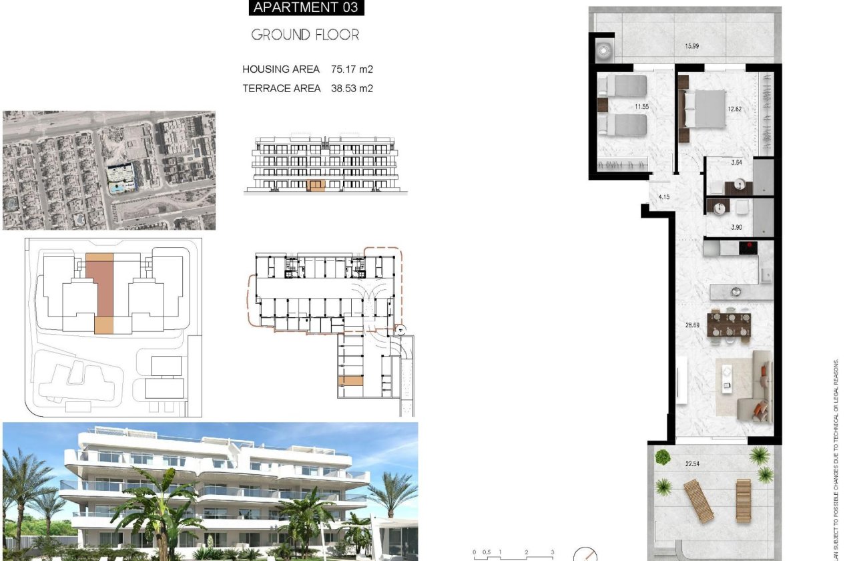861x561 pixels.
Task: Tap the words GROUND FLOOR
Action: [305, 35]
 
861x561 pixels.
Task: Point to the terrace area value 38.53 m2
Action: [352, 87]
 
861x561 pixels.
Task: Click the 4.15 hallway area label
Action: [663, 197]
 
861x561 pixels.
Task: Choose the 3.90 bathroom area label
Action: [737, 228]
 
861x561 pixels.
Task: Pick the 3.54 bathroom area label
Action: [737, 162]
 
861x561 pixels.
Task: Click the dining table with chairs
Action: [730, 325]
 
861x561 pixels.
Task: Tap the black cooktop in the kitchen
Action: [748, 247]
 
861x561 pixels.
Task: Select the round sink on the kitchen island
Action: [736, 291]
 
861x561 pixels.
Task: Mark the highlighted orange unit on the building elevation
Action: [316, 185]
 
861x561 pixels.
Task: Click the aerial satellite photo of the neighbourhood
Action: [109, 170]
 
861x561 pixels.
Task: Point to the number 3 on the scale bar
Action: [551, 552]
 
